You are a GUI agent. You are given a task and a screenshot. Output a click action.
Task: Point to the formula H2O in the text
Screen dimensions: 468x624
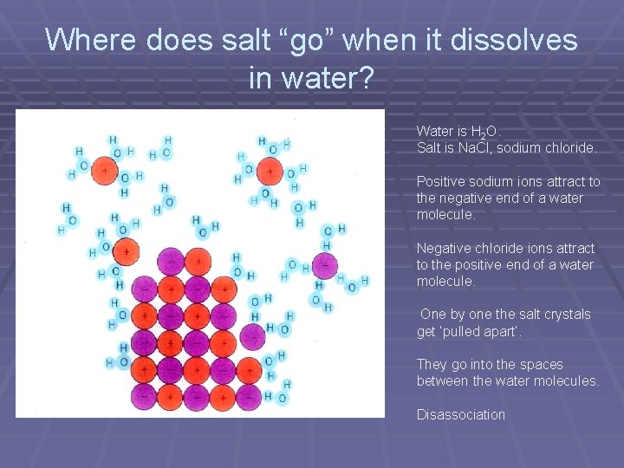pyautogui.click(x=483, y=132)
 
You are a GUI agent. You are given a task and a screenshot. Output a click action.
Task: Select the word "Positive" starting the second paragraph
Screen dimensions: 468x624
pyautogui.click(x=443, y=182)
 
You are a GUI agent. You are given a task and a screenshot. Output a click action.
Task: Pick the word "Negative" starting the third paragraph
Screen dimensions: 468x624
pyautogui.click(x=445, y=249)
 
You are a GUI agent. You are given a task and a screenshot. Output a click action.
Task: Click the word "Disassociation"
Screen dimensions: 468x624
pyautogui.click(x=460, y=414)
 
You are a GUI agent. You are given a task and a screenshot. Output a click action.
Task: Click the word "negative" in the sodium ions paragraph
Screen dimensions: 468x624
pyautogui.click(x=466, y=198)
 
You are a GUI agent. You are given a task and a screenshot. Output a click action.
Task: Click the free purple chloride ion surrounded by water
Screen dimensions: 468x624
pyautogui.click(x=325, y=265)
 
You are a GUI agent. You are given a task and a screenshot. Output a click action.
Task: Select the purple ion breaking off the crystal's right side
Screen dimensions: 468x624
pyautogui.click(x=252, y=336)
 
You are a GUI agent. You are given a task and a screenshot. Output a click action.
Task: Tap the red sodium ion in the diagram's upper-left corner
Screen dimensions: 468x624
pyautogui.click(x=105, y=170)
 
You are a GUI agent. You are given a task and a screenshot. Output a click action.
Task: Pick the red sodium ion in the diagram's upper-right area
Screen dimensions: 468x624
pyautogui.click(x=270, y=171)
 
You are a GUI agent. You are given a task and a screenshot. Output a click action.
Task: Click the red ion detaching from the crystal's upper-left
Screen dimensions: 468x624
pyautogui.click(x=127, y=252)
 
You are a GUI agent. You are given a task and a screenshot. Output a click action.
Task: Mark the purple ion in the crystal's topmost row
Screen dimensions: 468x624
pyautogui.click(x=171, y=261)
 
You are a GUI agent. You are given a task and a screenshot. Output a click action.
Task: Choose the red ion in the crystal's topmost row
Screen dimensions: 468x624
pyautogui.click(x=198, y=260)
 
